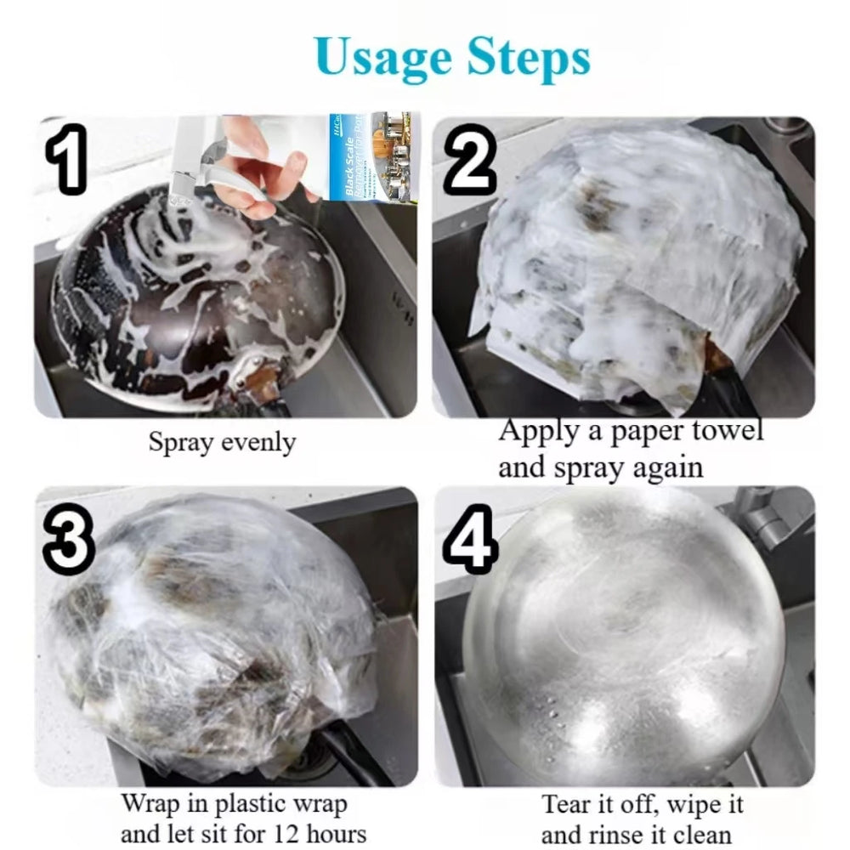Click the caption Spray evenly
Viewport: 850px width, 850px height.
[x=223, y=443]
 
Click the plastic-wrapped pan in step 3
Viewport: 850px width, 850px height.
[x=212, y=637]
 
